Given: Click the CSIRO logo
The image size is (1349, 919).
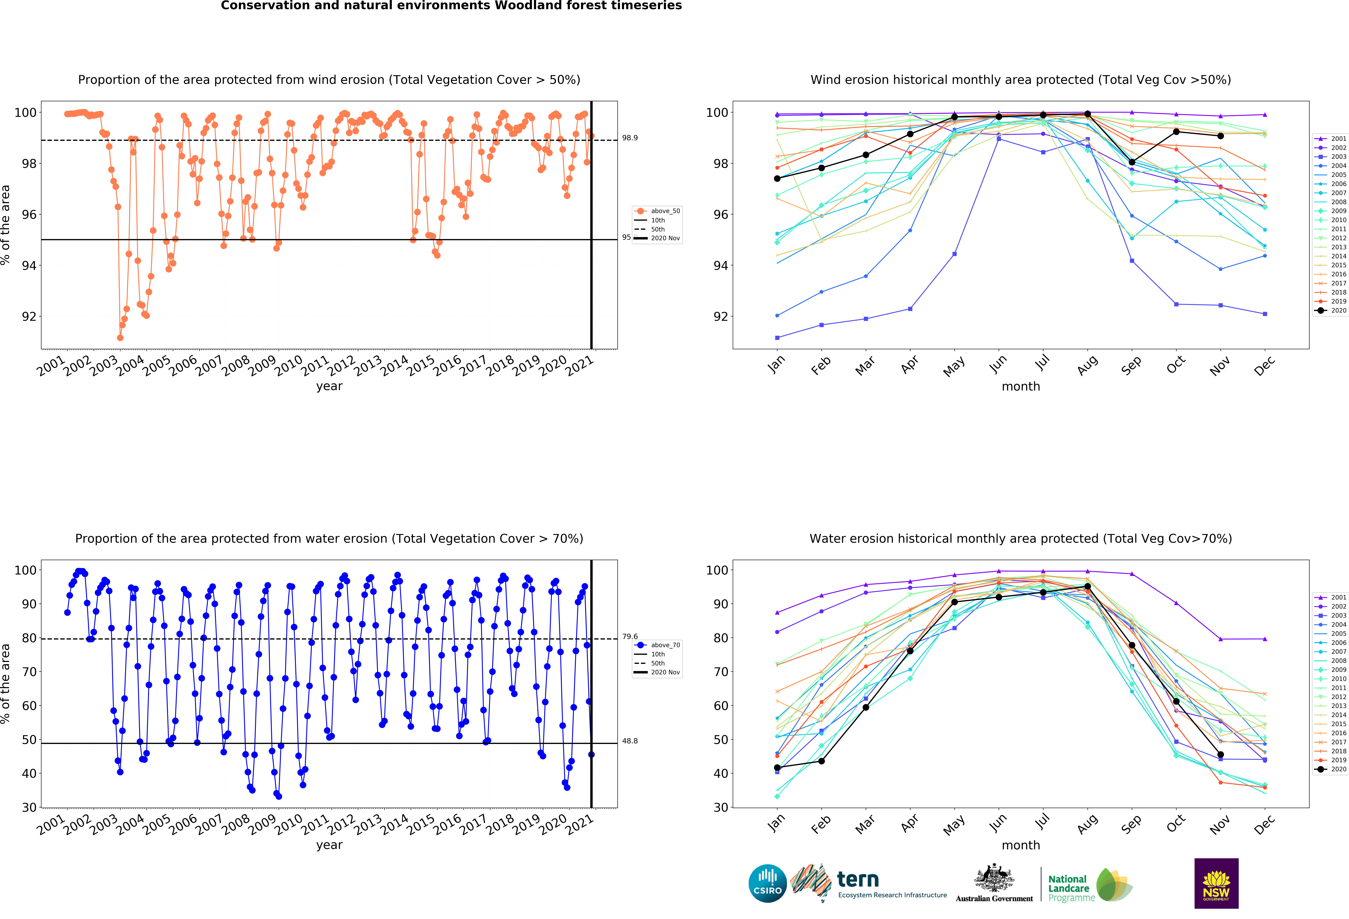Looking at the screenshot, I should (767, 883).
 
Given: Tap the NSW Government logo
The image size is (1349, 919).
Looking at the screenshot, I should (1216, 883).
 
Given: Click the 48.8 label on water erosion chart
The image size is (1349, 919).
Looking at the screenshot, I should (630, 741).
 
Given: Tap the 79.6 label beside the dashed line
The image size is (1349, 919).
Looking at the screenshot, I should (630, 636).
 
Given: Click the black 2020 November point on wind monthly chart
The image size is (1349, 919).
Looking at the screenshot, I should (1220, 136).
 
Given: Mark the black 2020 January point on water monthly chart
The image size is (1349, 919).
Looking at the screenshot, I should (777, 768).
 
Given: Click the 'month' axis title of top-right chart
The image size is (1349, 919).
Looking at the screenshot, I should (1020, 386).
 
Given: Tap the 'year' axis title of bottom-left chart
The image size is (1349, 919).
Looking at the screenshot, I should (329, 845).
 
